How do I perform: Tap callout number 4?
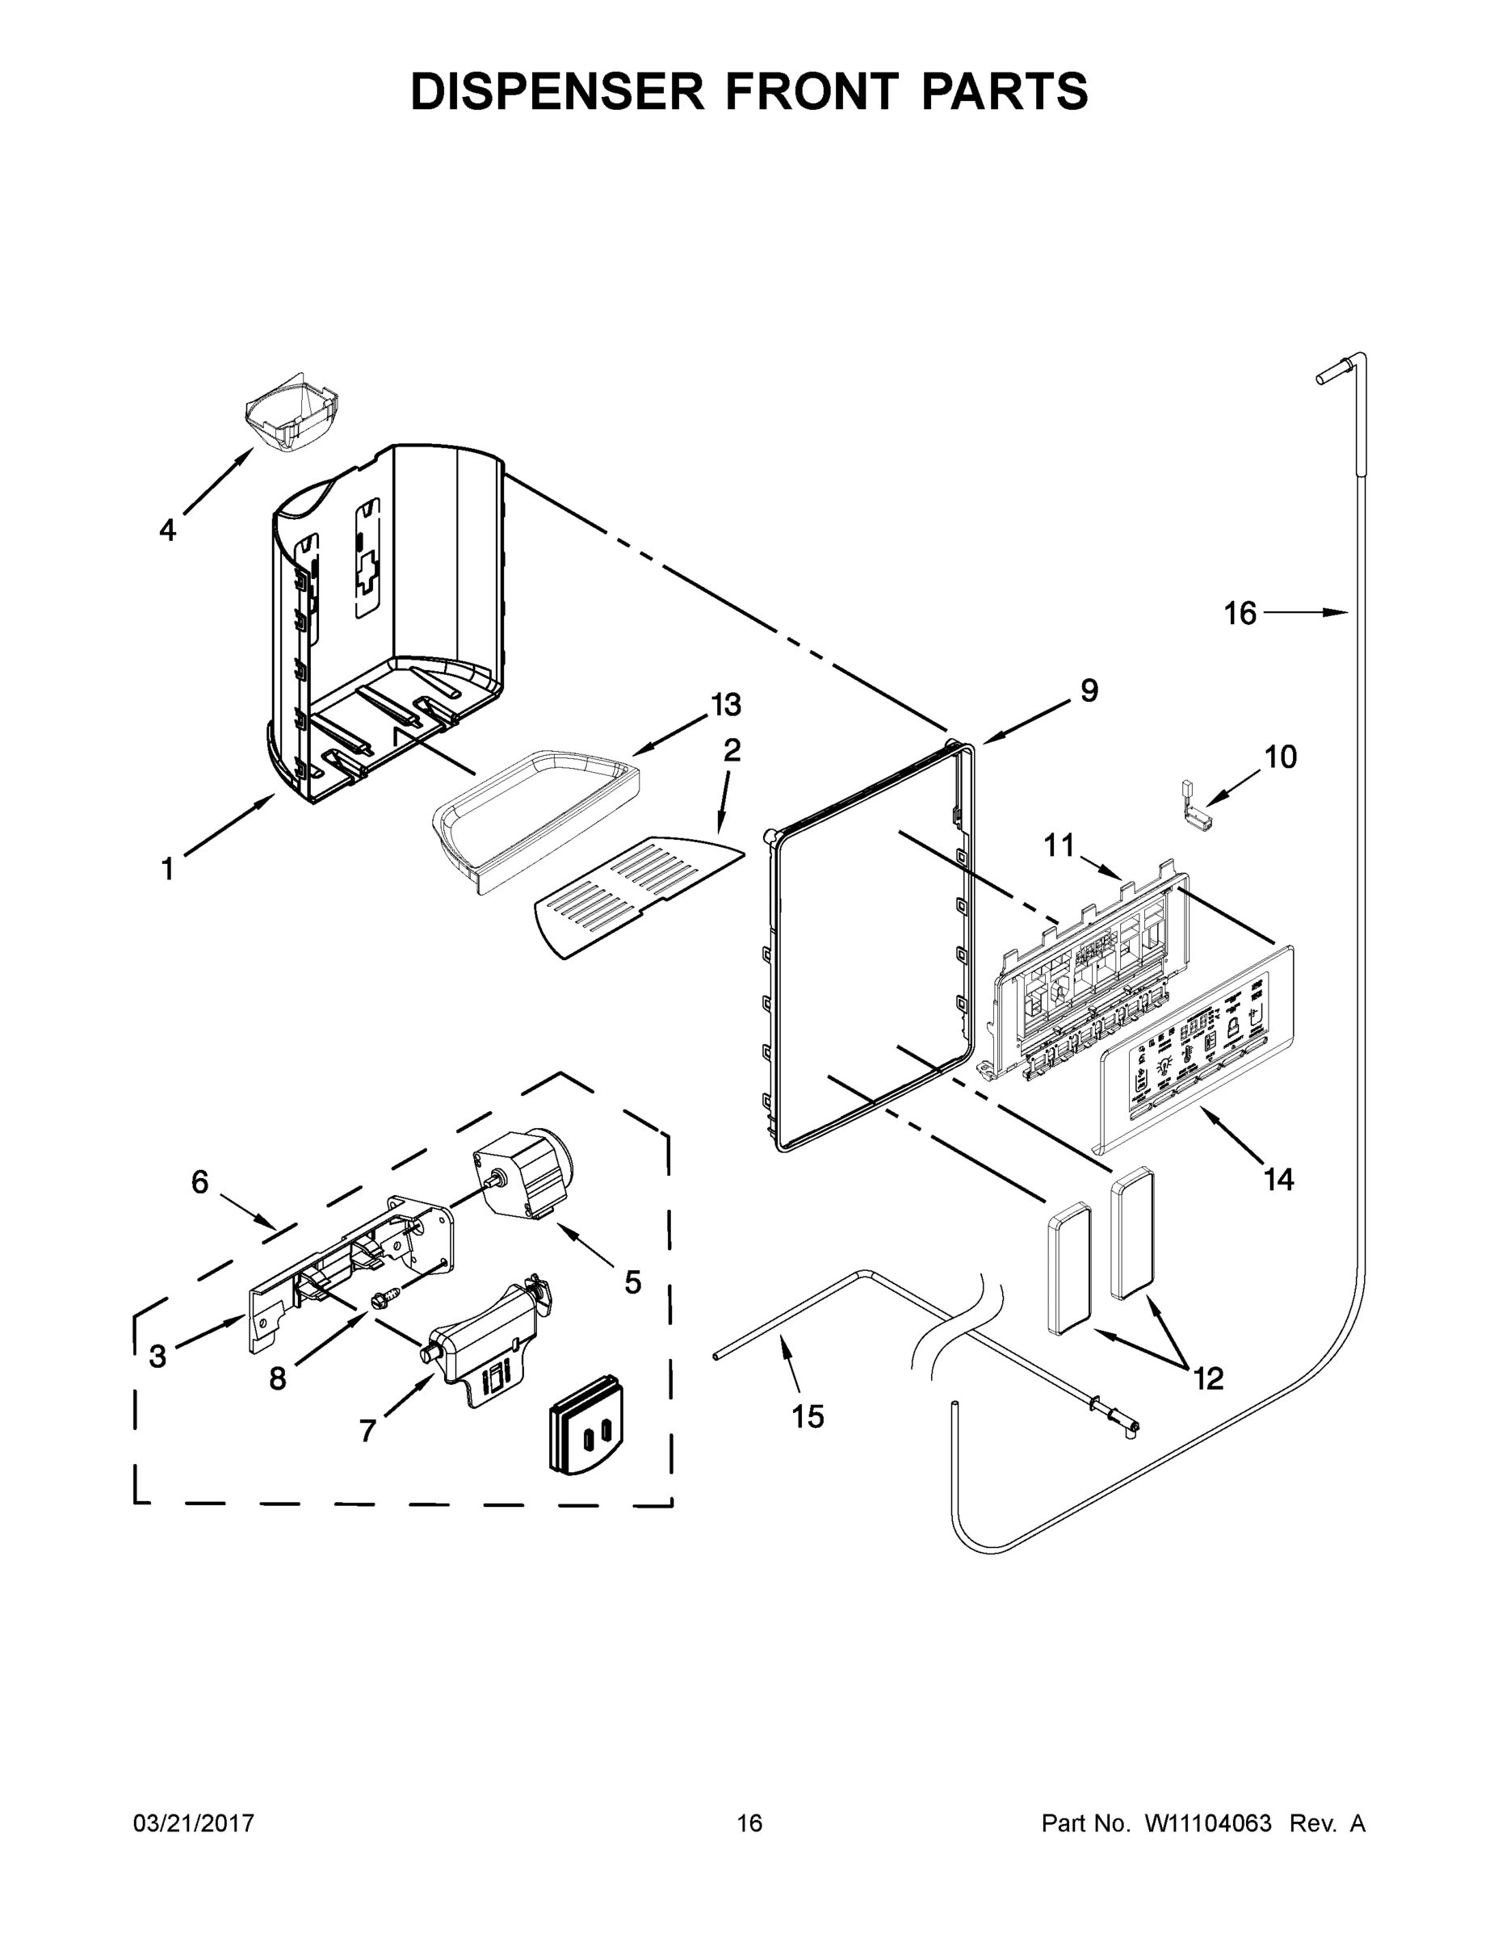(x=167, y=531)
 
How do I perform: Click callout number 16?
(x=1240, y=613)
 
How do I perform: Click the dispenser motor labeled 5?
(x=523, y=1174)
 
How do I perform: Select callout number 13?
(x=726, y=706)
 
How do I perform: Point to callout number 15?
(x=808, y=1416)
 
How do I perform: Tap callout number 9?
(x=1089, y=690)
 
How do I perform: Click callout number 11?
(x=1059, y=845)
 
